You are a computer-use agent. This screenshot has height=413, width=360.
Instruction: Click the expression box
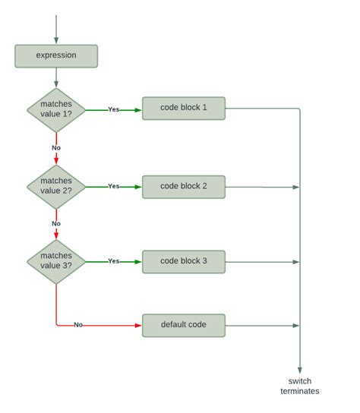pos(56,55)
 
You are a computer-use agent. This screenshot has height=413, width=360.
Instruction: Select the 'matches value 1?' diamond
pos(56,109)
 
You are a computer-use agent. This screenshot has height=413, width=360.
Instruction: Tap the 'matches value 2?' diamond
pos(56,186)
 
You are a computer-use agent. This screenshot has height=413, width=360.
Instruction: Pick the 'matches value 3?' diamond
pos(56,261)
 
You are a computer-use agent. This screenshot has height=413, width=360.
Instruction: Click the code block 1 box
pos(184,108)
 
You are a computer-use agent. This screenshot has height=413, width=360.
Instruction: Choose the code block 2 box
pos(184,186)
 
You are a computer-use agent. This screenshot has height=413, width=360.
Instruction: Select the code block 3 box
pos(184,261)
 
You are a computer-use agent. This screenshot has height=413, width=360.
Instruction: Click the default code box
pos(184,325)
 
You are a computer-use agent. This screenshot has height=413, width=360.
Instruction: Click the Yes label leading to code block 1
pos(114,109)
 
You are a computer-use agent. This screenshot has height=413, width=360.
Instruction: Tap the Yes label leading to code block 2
pos(114,186)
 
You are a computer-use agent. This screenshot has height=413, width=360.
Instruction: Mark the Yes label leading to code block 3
pos(114,261)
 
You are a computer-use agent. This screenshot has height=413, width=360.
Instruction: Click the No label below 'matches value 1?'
pos(56,147)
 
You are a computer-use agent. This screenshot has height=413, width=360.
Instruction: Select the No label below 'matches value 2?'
pos(56,223)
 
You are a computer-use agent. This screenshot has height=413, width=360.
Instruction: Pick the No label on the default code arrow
pos(78,325)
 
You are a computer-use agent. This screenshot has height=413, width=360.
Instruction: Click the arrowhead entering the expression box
pos(56,41)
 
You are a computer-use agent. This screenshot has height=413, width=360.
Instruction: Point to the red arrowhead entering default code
pos(138,325)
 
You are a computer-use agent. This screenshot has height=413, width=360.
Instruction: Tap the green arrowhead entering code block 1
pos(138,109)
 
